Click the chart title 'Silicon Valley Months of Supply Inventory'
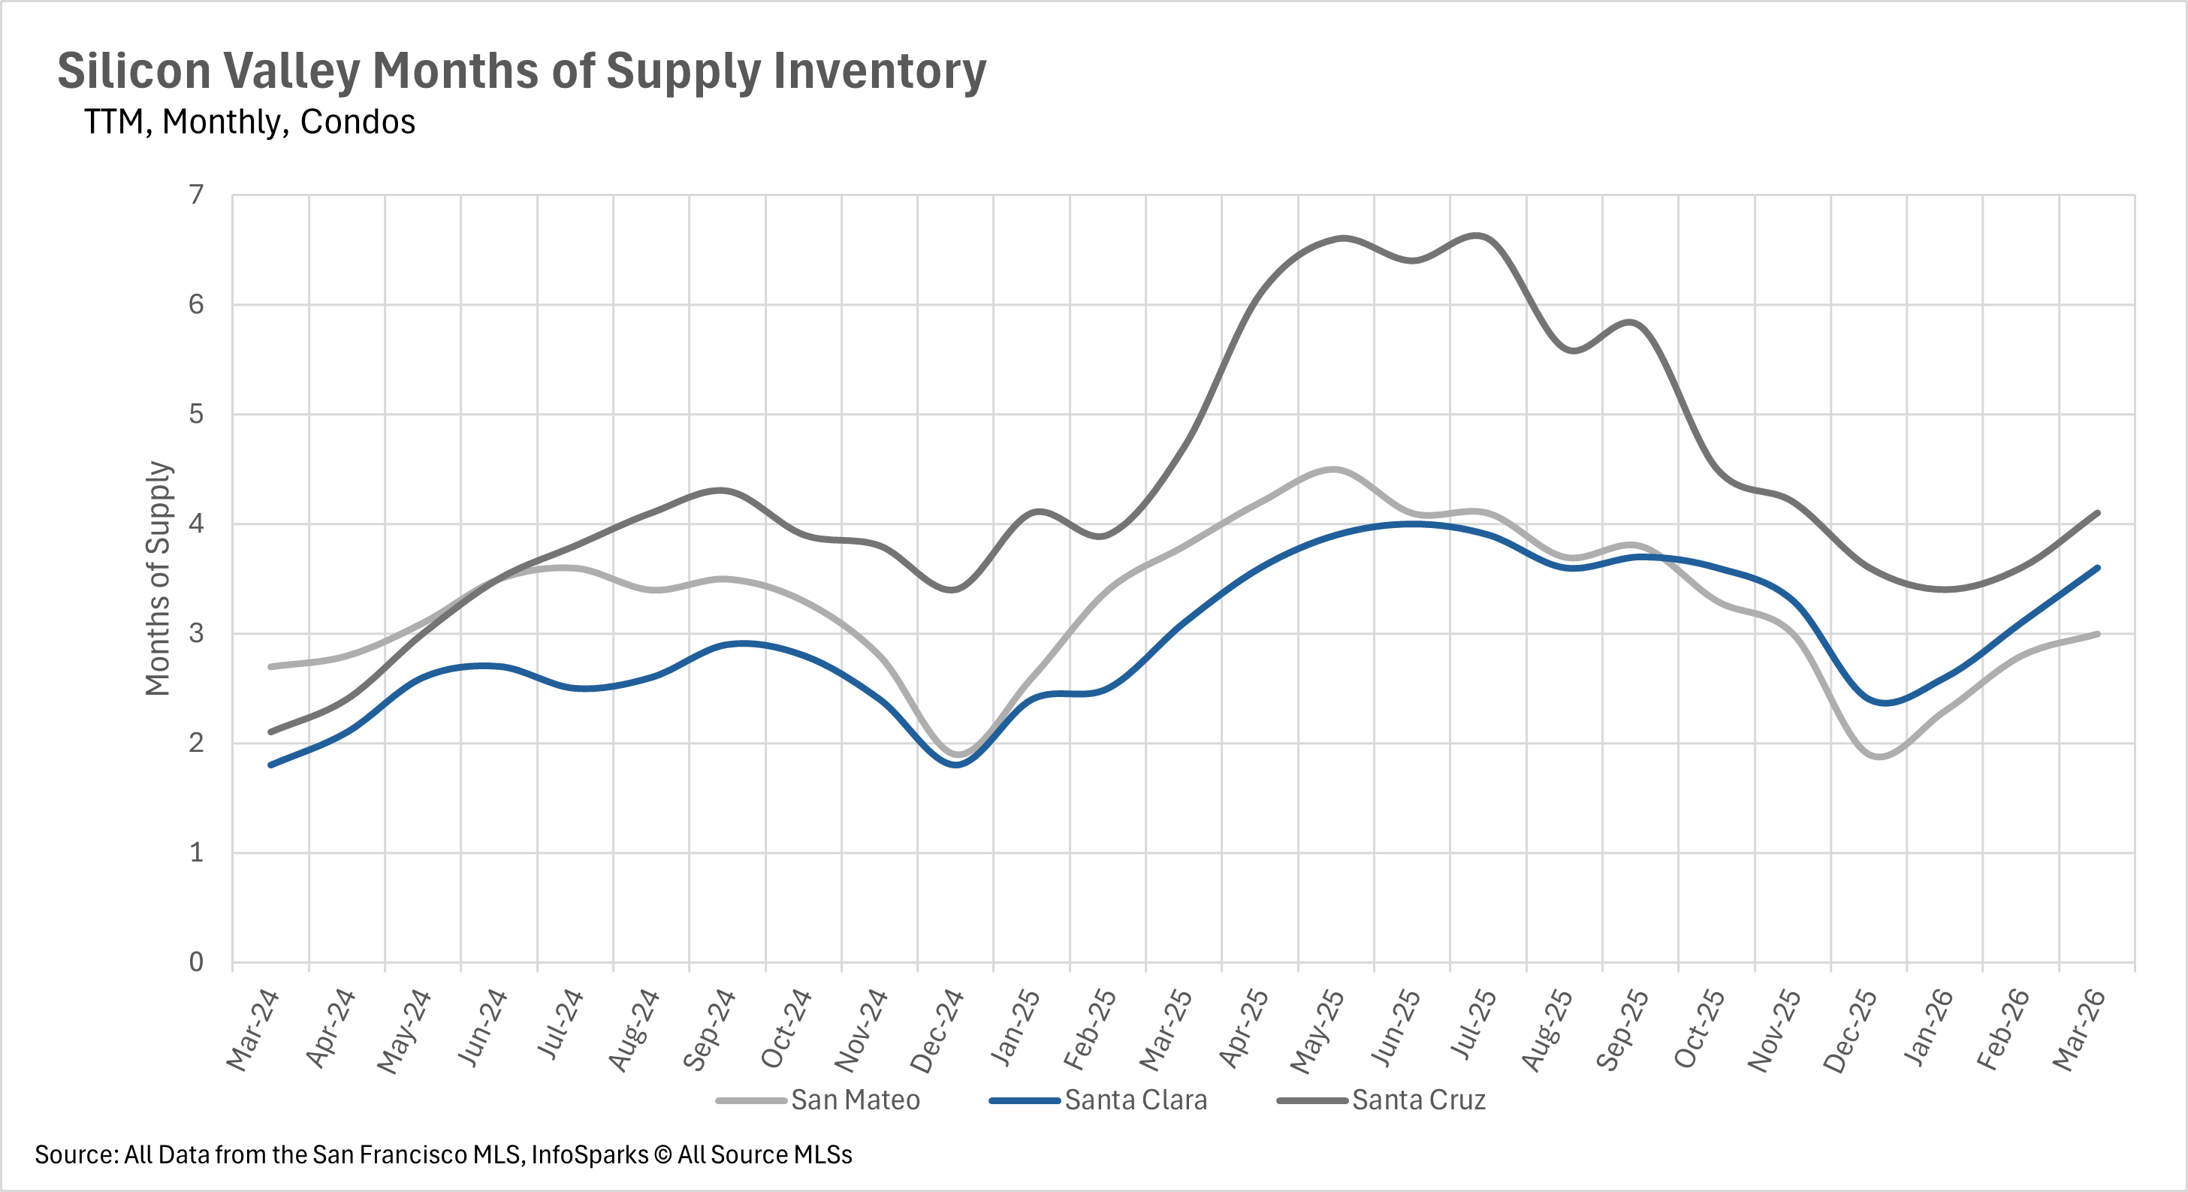[x=521, y=71]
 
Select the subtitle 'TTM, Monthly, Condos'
[x=249, y=122]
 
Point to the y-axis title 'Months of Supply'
[x=158, y=578]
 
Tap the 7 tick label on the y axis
[x=196, y=195]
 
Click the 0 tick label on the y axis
[x=196, y=961]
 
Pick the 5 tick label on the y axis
[x=196, y=415]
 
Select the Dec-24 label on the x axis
[x=937, y=1030]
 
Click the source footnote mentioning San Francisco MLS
[x=442, y=1154]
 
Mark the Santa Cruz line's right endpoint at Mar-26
[x=2098, y=513]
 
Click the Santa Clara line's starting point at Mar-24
[x=271, y=765]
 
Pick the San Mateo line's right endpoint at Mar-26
[x=2098, y=634]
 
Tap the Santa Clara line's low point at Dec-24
[x=956, y=765]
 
